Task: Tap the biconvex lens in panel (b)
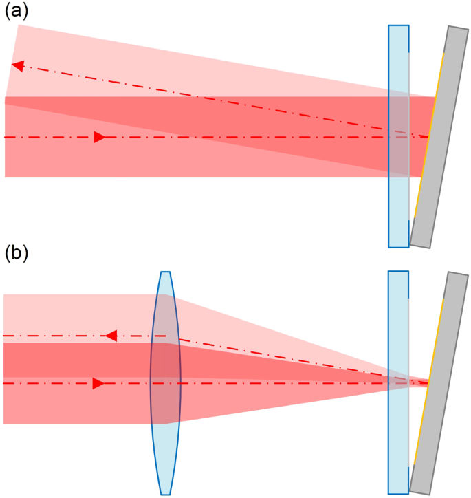click(165, 382)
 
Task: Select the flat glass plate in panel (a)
click(398, 136)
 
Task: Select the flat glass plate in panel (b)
click(398, 382)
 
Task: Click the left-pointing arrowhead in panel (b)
click(110, 336)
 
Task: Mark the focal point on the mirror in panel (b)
click(428, 382)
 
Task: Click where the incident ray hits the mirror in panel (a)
click(428, 137)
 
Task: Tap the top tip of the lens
click(164, 272)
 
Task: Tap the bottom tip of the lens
click(165, 493)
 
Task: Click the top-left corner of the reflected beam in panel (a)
click(19, 25)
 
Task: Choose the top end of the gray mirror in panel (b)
click(457, 274)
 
